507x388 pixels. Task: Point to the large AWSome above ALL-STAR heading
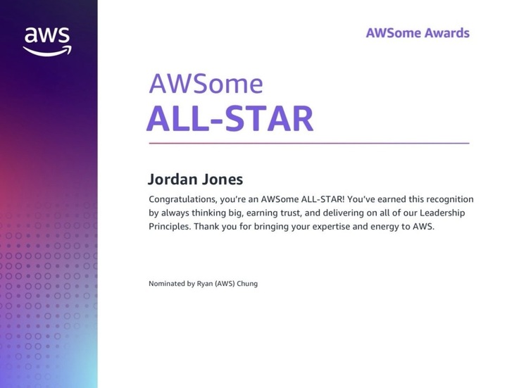pos(206,85)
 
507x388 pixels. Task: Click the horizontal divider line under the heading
pos(308,143)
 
